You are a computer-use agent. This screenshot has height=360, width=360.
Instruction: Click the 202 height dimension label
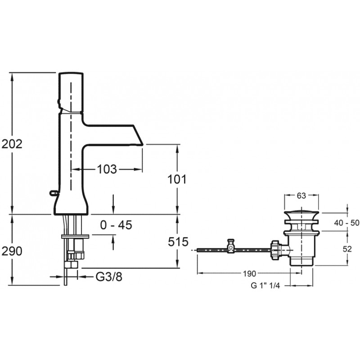12,144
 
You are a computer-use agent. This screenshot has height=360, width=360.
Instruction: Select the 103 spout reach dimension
107,170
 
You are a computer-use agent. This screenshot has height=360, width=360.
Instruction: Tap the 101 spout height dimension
177,179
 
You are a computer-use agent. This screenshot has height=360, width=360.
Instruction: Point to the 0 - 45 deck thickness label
116,225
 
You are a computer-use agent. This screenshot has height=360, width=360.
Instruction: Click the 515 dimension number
178,242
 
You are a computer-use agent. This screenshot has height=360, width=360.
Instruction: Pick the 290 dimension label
12,252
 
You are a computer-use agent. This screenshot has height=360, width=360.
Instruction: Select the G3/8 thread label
109,277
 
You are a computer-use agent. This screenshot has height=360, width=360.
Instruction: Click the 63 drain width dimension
301,196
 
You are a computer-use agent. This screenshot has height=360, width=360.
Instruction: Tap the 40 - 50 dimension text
346,223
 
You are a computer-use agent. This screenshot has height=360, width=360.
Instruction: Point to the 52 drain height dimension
347,249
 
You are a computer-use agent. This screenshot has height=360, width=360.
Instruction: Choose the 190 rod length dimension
249,274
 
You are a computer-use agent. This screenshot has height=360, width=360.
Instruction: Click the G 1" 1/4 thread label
265,286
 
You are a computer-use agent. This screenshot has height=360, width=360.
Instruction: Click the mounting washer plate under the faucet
75,236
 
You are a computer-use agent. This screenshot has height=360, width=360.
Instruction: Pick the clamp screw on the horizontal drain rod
230,246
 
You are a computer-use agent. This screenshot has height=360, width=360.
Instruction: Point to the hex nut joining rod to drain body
275,250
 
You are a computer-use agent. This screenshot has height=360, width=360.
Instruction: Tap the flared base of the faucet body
71,204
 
